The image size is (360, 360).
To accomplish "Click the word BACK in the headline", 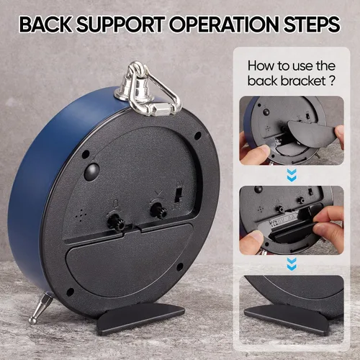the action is pos(45,24).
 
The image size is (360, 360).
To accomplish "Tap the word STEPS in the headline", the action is pos(312,24).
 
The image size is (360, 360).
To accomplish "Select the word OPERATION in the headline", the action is pos(225,24).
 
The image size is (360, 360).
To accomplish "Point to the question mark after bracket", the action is pos(331,81).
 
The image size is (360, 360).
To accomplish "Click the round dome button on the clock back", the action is pos(92,172).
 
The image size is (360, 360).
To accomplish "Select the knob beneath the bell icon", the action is pos(116,221).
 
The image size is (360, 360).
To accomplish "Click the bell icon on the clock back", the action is pos(116,204).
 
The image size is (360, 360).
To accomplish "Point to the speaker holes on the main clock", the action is pos(81,215).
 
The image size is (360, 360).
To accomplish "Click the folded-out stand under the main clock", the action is pos(140,317).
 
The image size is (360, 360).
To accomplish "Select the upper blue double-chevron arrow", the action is pos(292,175).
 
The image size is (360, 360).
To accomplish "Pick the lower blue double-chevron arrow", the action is pos(292,264).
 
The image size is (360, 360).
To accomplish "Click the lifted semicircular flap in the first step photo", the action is pos(312,133).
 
